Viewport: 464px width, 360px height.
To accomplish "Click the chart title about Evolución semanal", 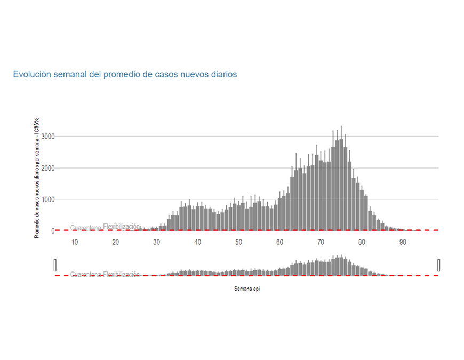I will [x=125, y=75].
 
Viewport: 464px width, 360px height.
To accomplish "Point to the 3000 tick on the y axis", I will [x=48, y=137].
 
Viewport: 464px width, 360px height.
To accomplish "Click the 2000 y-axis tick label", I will [x=48, y=168].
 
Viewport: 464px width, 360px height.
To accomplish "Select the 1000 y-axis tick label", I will [x=48, y=199].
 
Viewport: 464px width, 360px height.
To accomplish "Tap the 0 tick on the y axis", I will [x=53, y=231].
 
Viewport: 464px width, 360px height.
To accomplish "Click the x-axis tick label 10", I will [x=75, y=242].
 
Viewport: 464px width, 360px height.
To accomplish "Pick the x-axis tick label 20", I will [x=116, y=242].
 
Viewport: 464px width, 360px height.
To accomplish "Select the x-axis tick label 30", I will [x=157, y=242].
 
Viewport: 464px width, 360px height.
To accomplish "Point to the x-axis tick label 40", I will [x=198, y=242].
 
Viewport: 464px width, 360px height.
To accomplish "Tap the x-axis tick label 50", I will [x=239, y=242].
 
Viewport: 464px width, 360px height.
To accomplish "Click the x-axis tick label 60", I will [x=280, y=242].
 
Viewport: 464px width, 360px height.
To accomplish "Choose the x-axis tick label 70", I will [x=321, y=242].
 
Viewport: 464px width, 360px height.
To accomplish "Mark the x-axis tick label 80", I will [x=362, y=242].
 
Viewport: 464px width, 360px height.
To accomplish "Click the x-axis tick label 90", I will [x=403, y=242].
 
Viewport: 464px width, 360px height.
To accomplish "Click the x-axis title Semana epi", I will [x=247, y=289].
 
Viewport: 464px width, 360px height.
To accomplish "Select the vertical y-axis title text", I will [x=37, y=178].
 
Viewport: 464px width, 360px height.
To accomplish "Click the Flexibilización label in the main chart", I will [x=122, y=226].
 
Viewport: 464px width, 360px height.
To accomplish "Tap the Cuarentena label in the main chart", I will [x=86, y=228].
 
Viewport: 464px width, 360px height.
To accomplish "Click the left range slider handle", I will [x=55, y=265].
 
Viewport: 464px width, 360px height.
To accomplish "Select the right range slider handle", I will [x=439, y=265].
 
